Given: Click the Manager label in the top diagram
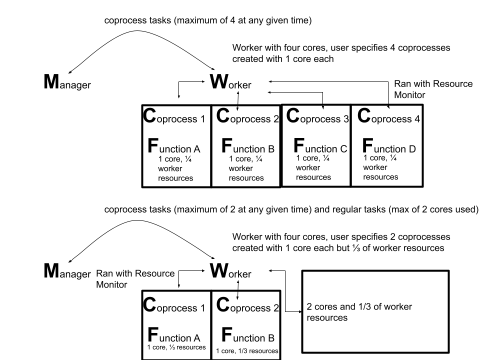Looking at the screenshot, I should point(67,83).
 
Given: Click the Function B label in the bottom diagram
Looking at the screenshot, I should point(247,335).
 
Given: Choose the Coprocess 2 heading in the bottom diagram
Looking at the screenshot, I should point(247,306).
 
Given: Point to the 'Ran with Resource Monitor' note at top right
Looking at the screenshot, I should point(433,88).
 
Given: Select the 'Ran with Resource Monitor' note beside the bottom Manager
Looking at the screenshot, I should point(135,279).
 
